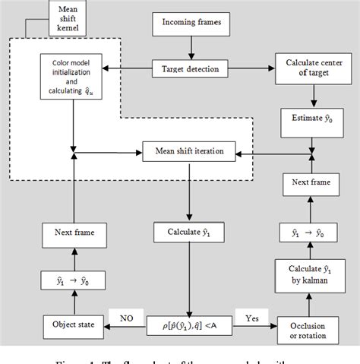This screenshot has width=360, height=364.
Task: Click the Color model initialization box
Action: click(x=73, y=78)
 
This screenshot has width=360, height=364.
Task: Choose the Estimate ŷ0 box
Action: click(x=311, y=119)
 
